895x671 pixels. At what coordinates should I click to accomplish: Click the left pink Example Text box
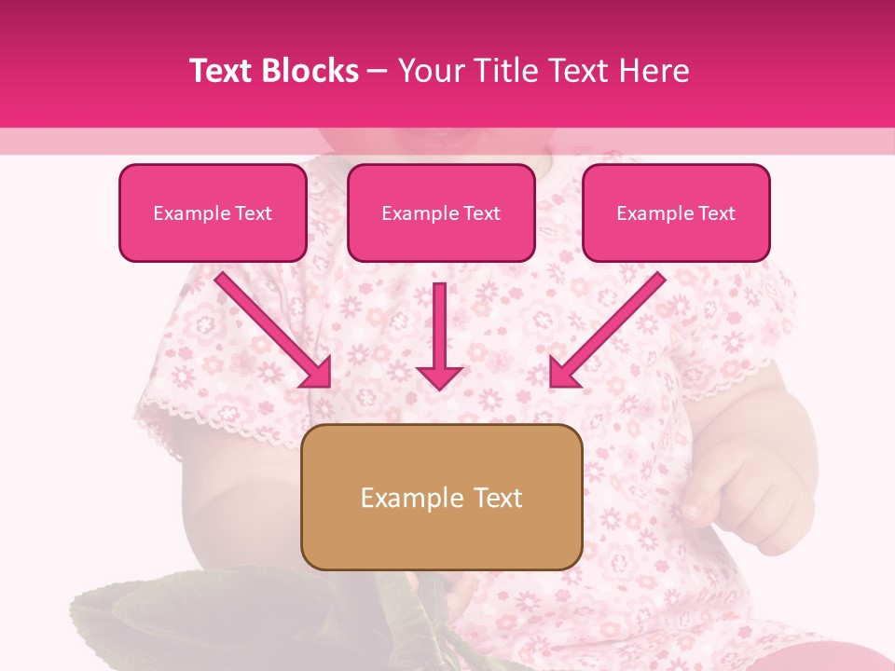coord(213,212)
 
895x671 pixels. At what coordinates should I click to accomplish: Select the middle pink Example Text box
coord(441,212)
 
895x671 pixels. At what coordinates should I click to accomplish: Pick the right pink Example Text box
coord(676,212)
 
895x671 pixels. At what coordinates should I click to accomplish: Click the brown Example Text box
coord(441,497)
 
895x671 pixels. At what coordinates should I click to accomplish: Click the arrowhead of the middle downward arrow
coord(439,377)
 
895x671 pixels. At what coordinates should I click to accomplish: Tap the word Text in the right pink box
coord(716,212)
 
